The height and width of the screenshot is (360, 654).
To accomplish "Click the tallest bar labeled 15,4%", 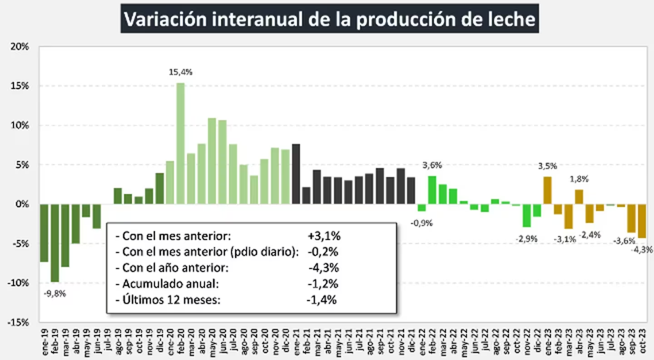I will [x=180, y=143].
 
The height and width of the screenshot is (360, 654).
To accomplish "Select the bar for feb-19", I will [x=54, y=243].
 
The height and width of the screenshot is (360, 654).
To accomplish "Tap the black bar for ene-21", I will [x=296, y=174].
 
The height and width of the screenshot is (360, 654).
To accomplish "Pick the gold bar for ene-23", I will [x=547, y=190].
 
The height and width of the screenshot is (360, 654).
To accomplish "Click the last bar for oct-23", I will [x=642, y=221].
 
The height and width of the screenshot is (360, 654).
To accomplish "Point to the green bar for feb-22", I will [x=432, y=190].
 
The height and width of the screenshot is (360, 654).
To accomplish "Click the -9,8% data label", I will [x=54, y=293].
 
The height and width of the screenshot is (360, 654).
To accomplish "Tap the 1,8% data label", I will [x=579, y=179].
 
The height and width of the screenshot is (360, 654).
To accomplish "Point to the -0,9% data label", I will [x=422, y=223].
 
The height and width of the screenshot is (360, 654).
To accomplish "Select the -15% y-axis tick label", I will [x=19, y=322].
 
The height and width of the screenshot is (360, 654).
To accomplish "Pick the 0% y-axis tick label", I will [x=23, y=204].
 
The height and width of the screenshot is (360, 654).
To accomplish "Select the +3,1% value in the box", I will [x=323, y=236].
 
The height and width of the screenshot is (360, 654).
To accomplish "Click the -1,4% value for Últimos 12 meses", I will [x=322, y=300].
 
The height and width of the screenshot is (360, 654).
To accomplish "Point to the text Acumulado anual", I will [x=170, y=284].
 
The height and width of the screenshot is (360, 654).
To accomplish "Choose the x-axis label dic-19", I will [x=159, y=336].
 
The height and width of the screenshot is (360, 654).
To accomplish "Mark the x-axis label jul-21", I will [x=359, y=336].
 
